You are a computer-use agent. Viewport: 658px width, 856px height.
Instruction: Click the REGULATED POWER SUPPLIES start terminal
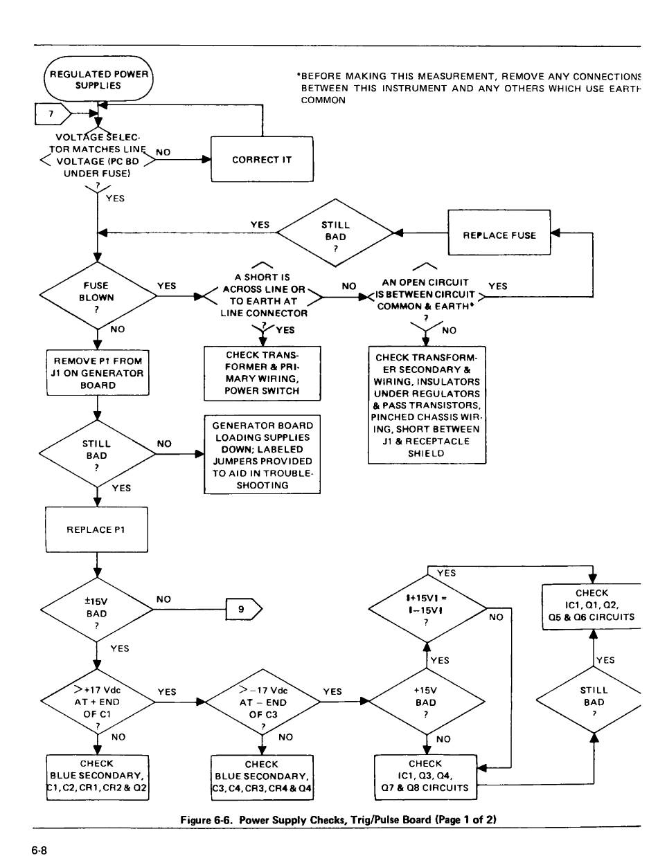[98, 80]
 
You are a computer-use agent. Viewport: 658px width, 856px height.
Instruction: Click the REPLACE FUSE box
[499, 235]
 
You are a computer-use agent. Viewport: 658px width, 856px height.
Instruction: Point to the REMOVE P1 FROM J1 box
[98, 373]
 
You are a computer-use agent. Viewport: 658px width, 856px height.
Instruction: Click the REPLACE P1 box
[98, 530]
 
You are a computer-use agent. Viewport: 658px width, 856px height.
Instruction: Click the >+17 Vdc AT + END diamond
[98, 702]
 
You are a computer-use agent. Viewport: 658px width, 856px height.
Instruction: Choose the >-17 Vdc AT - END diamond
[262, 702]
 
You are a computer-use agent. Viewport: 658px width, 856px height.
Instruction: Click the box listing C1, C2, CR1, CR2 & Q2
[98, 776]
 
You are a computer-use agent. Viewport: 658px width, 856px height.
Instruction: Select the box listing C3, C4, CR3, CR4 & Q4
[262, 776]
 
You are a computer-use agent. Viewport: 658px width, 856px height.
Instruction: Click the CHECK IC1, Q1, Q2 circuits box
[592, 605]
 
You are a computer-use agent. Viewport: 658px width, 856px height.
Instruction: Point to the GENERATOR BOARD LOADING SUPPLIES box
[262, 455]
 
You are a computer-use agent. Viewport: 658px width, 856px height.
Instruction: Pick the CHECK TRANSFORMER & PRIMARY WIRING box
[262, 373]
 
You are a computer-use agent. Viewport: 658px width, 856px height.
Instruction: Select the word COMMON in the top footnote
[323, 100]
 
